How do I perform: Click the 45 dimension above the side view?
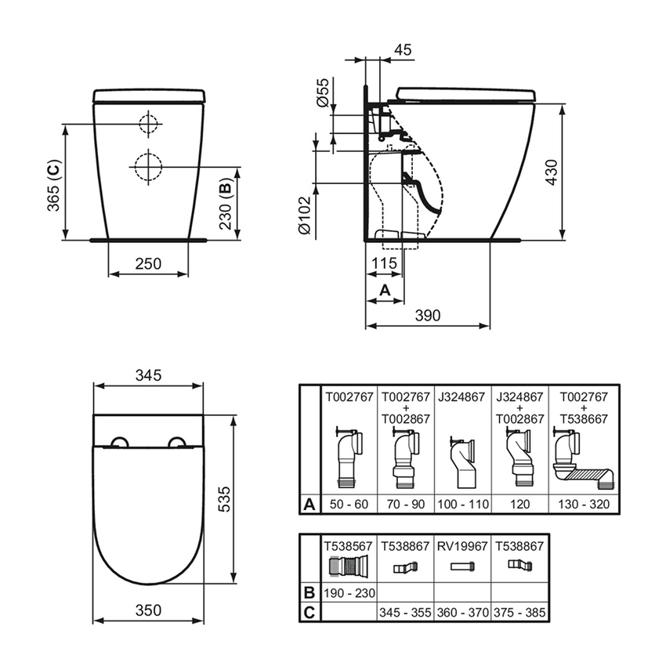tap(403, 51)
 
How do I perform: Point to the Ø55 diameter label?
tap(323, 92)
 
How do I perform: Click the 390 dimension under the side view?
tap(428, 315)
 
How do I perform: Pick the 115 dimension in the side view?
tap(384, 264)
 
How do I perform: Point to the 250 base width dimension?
tap(148, 263)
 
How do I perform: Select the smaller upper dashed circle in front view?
tap(147, 123)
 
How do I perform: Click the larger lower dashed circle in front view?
tap(147, 165)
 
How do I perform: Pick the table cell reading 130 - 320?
tap(584, 504)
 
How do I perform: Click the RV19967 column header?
tap(461, 545)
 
